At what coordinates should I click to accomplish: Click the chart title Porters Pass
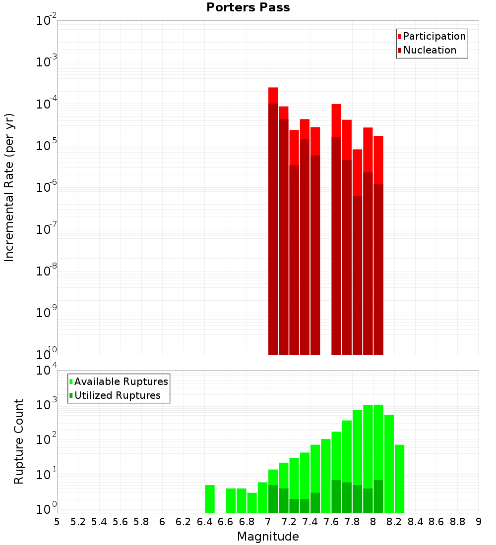(x=248, y=7)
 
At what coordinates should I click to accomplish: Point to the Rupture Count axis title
(x=19, y=441)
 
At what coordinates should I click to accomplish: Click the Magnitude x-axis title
(x=268, y=537)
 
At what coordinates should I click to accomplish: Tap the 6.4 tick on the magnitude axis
(x=204, y=522)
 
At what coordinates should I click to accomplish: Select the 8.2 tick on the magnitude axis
(x=394, y=522)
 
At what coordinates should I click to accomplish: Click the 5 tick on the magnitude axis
(x=57, y=522)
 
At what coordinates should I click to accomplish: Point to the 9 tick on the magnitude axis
(x=479, y=522)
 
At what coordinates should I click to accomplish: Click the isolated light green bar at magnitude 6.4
(x=210, y=499)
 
